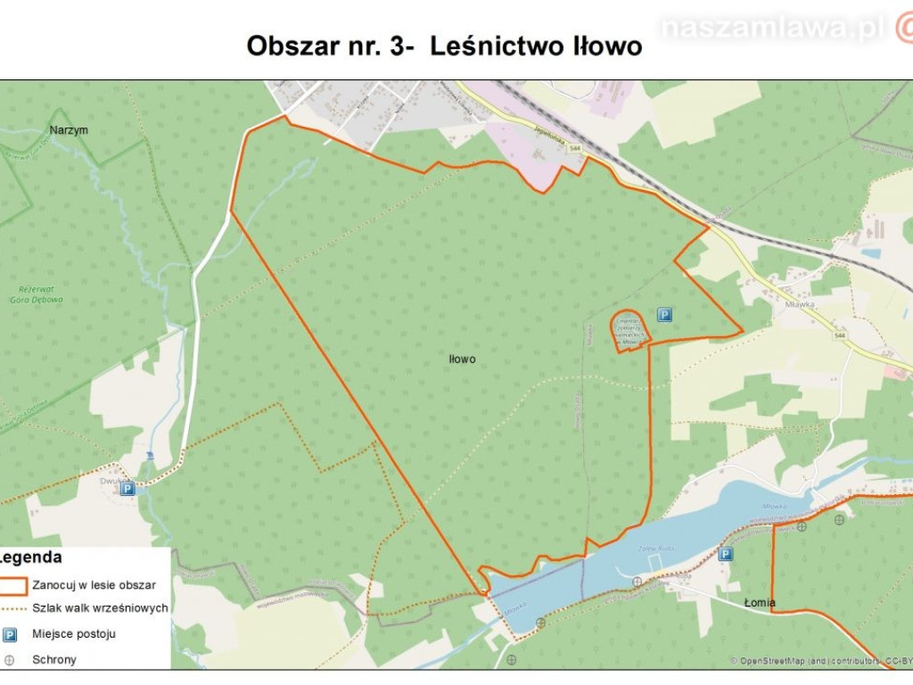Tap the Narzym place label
(x=69, y=130)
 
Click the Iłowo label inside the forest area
(x=462, y=359)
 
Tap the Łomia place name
(x=761, y=603)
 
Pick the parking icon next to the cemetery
(x=664, y=314)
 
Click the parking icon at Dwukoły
(x=127, y=488)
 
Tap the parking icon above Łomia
(x=726, y=554)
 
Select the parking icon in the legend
(x=10, y=634)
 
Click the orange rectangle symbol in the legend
(x=12, y=586)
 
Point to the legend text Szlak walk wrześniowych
(x=100, y=608)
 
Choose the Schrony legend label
(x=54, y=660)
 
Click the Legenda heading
(x=32, y=558)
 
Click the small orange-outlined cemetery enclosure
(x=629, y=329)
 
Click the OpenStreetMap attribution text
(x=820, y=661)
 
